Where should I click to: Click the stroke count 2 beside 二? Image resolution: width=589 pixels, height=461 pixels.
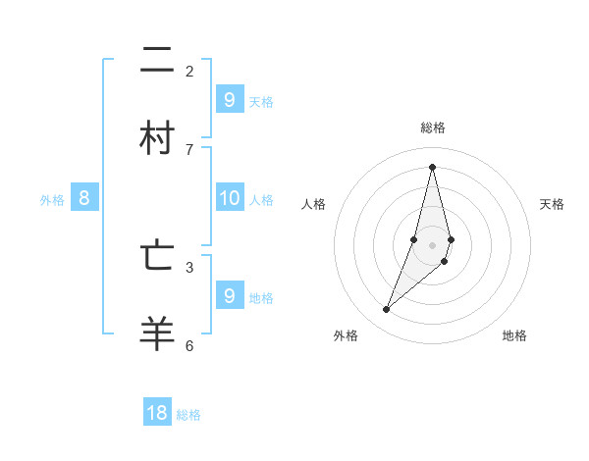pyautogui.click(x=189, y=71)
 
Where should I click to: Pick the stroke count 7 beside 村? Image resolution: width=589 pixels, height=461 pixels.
pyautogui.click(x=189, y=149)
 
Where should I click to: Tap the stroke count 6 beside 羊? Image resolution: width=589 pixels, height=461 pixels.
pyautogui.click(x=189, y=345)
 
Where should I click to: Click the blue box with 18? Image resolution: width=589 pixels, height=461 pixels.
pyautogui.click(x=157, y=413)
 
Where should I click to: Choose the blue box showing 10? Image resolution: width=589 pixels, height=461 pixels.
pyautogui.click(x=229, y=198)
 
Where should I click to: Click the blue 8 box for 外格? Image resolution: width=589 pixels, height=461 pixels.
pyautogui.click(x=84, y=198)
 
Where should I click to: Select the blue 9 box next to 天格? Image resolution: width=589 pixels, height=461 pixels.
pyautogui.click(x=229, y=99)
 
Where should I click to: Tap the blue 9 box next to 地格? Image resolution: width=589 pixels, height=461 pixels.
pyautogui.click(x=229, y=295)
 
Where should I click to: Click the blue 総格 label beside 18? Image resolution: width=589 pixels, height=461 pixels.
pyautogui.click(x=188, y=415)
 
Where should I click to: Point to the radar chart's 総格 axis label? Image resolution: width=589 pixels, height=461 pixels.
pyautogui.click(x=433, y=128)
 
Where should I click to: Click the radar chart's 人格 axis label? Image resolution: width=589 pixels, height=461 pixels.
pyautogui.click(x=314, y=204)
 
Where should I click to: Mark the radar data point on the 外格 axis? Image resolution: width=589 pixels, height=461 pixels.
pyautogui.click(x=386, y=310)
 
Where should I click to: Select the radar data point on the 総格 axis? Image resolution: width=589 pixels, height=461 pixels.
pyautogui.click(x=432, y=167)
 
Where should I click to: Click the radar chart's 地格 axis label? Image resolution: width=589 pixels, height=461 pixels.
pyautogui.click(x=514, y=335)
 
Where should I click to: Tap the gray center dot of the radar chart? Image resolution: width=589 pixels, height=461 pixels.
pyautogui.click(x=432, y=244)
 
